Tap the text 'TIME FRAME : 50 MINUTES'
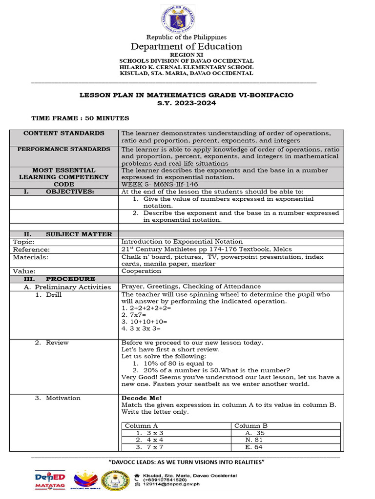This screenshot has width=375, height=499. [x=80, y=118]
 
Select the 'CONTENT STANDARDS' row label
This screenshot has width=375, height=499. [x=64, y=134]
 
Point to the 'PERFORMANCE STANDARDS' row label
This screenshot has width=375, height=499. [x=64, y=149]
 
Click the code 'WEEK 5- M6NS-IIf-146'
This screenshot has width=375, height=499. [x=156, y=185]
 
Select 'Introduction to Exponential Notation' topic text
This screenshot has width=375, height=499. [x=182, y=242]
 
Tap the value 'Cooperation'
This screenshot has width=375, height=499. [x=141, y=271]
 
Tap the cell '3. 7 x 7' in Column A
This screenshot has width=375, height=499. [x=149, y=447]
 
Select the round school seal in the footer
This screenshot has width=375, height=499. [x=116, y=480]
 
